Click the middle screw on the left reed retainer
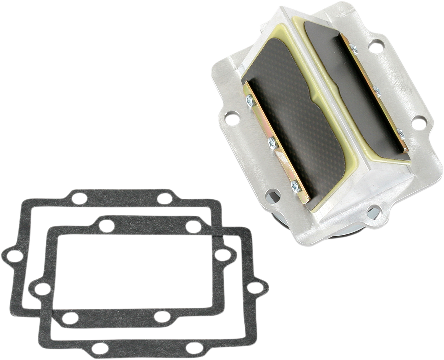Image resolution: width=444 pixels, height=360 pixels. click(273, 143)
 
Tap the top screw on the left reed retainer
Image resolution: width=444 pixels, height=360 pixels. click(250, 100)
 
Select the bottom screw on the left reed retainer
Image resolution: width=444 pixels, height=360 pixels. click(296, 186)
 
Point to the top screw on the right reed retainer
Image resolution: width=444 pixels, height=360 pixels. click(354, 48)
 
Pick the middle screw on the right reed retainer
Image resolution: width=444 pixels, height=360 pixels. click(377, 91)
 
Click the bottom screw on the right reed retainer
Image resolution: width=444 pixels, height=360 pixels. click(401, 134)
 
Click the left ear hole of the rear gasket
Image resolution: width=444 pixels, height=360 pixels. click(15, 256)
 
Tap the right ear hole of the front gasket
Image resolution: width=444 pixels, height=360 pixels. click(255, 287)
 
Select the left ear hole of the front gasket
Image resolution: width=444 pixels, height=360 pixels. click(42, 289)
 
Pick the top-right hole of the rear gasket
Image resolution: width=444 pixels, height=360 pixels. click(165, 199)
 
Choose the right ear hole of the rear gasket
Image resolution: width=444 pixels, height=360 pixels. click(223, 255)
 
